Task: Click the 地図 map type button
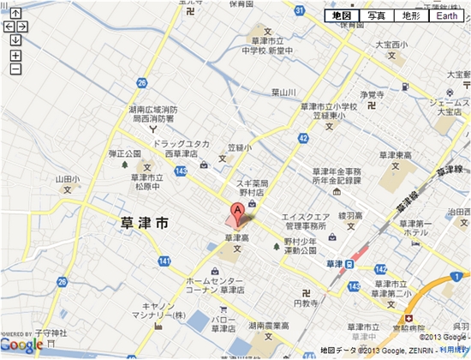click(341, 16)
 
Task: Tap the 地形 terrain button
click(409, 16)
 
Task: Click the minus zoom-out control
click(15, 68)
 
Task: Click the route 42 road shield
click(304, 137)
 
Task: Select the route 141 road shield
click(164, 261)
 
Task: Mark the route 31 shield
click(299, 10)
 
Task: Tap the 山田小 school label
click(68, 179)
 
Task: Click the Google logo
click(22, 345)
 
